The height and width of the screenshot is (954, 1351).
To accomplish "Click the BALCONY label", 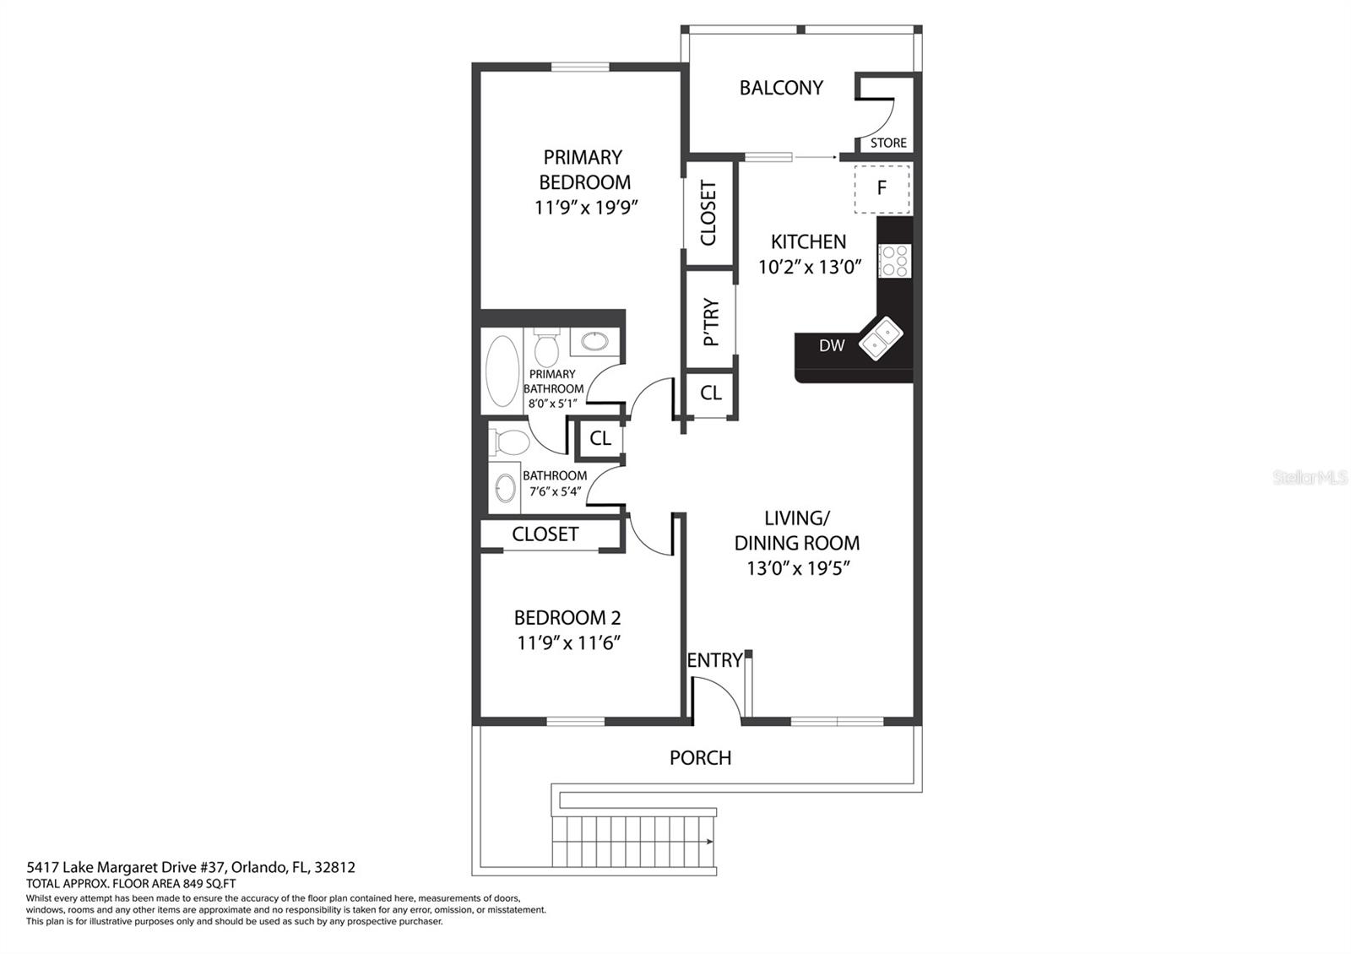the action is (x=781, y=88).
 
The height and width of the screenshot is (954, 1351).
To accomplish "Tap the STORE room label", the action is (x=888, y=143).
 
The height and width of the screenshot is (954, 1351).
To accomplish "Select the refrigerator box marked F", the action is (x=882, y=189).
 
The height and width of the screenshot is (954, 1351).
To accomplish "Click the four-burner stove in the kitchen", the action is (x=894, y=261).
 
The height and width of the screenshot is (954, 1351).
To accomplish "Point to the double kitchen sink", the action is (x=881, y=339).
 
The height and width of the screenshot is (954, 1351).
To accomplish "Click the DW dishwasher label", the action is (x=832, y=345).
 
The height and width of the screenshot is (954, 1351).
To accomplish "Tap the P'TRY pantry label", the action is (x=712, y=322).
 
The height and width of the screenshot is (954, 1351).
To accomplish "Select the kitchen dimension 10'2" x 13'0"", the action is (x=810, y=267).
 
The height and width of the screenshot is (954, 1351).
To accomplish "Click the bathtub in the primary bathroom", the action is (x=502, y=371).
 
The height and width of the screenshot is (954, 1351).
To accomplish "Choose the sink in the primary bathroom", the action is (x=594, y=341).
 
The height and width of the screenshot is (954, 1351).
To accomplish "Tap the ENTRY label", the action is (x=714, y=660).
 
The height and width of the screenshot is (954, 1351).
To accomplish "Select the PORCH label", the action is (x=700, y=758).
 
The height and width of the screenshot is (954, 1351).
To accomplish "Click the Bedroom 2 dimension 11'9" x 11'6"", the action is (x=568, y=643).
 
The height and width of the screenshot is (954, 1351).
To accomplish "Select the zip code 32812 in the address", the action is (x=334, y=868).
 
